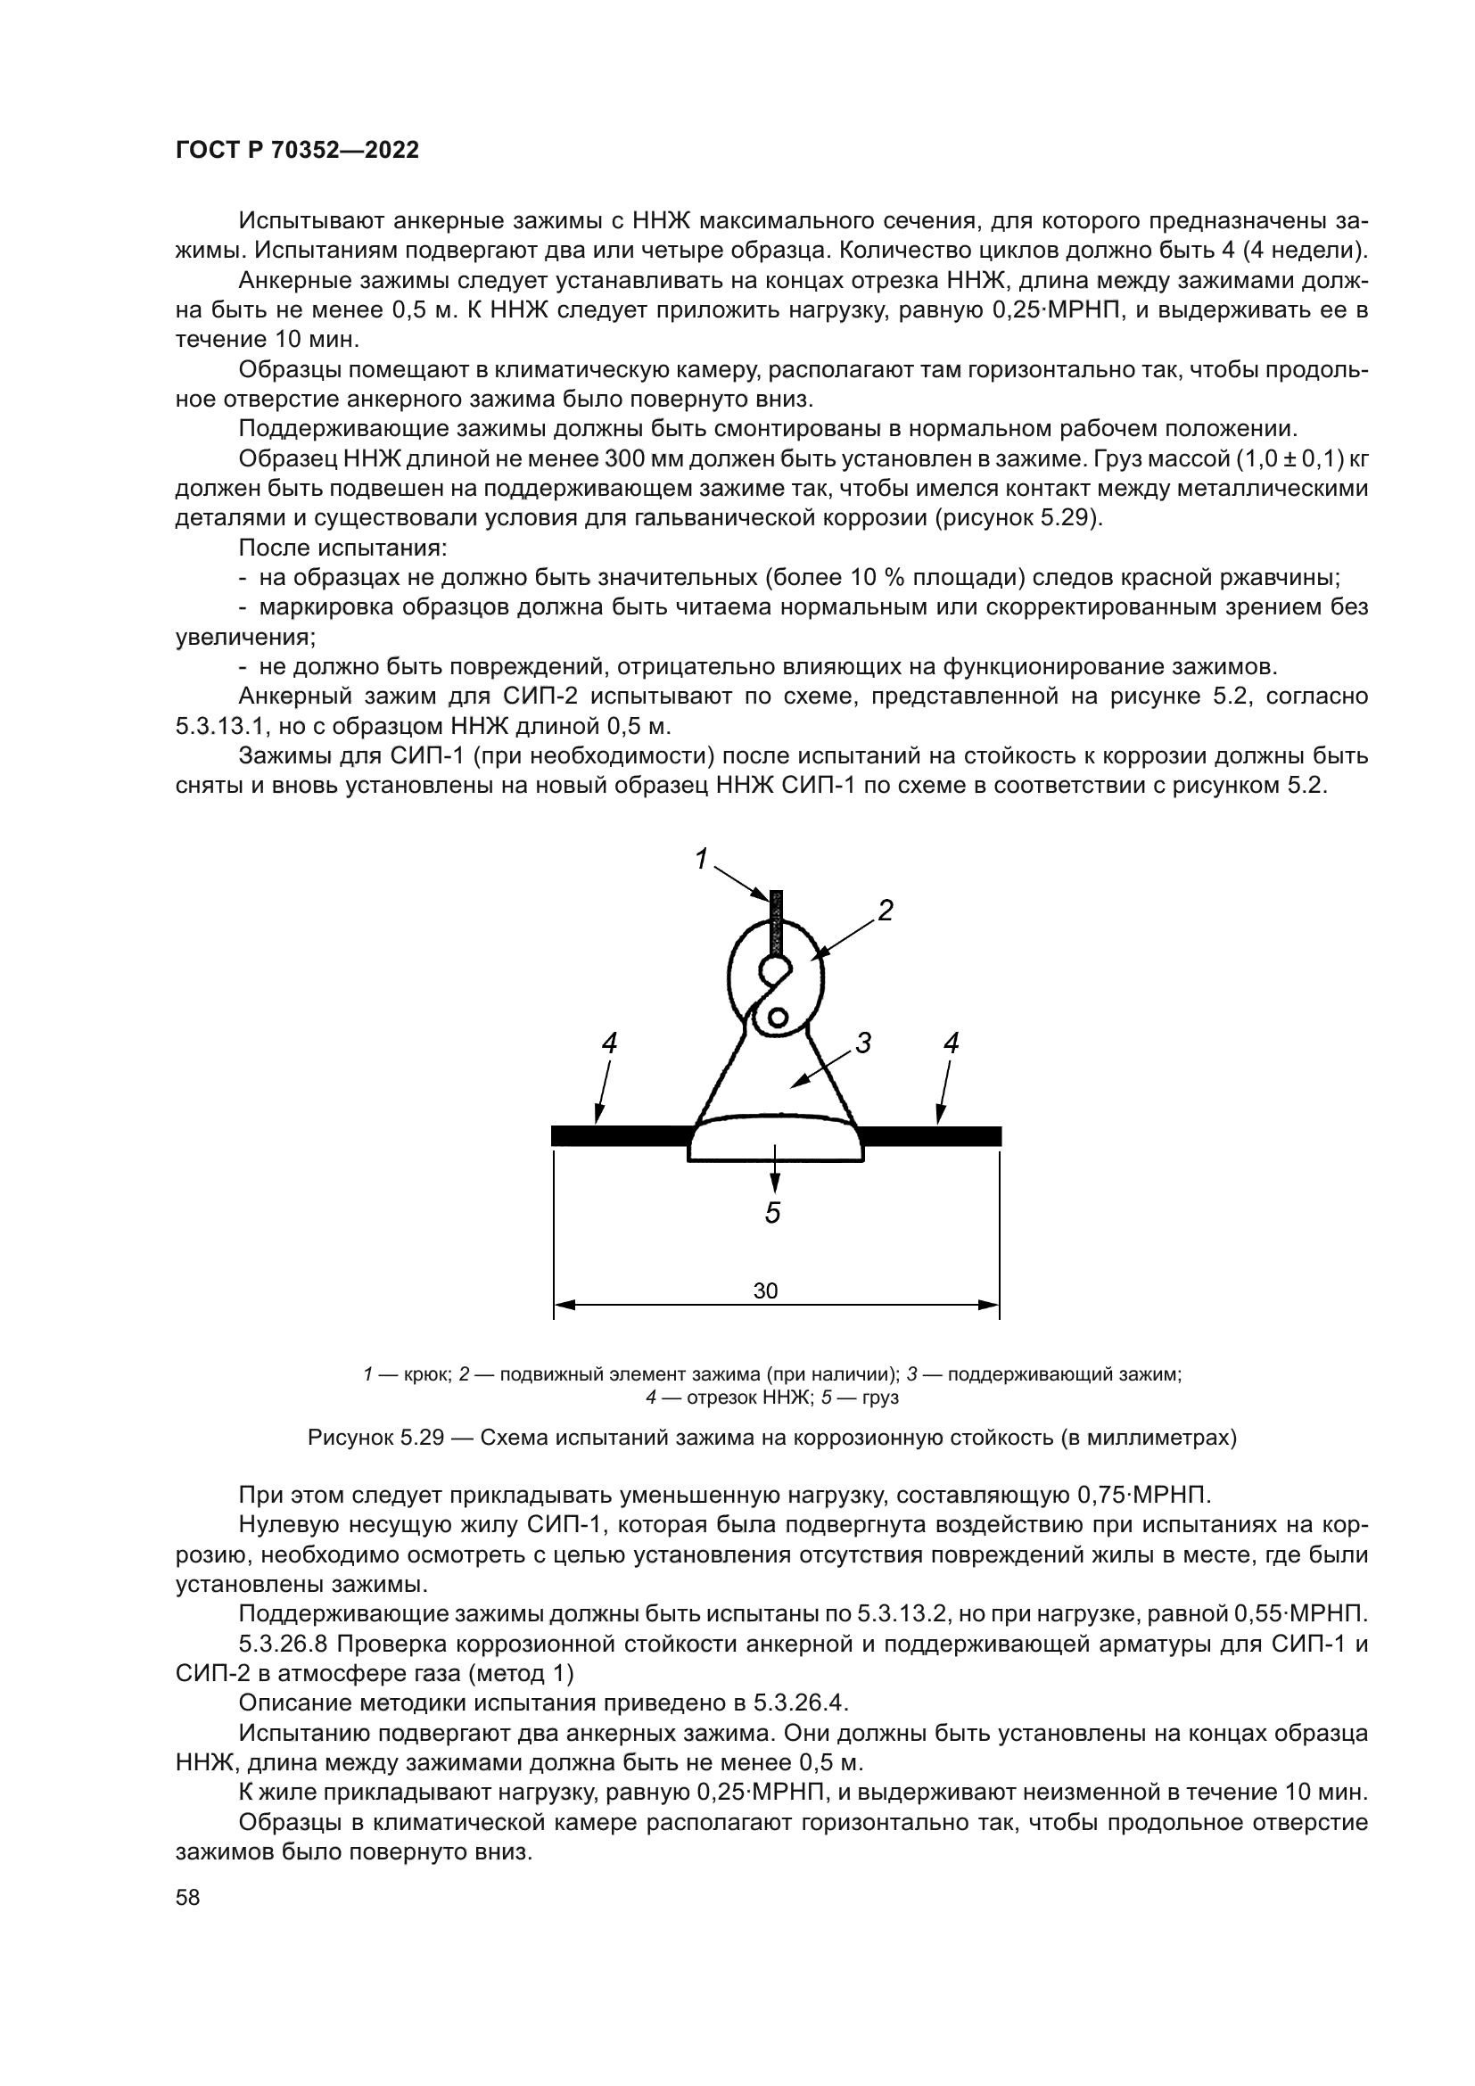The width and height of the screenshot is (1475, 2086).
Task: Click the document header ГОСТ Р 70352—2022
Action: (x=297, y=151)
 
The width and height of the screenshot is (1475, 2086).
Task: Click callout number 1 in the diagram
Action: (x=701, y=859)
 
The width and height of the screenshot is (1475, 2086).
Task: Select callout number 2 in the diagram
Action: (x=885, y=911)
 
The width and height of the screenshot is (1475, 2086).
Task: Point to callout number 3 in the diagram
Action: (x=863, y=1044)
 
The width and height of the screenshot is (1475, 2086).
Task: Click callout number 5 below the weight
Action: (x=773, y=1213)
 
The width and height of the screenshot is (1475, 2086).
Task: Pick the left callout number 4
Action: (x=609, y=1044)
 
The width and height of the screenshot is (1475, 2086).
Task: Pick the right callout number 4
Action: (x=951, y=1044)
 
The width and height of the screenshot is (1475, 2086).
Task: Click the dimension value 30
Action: (x=766, y=1291)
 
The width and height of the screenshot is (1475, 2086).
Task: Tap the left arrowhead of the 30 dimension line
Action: (x=563, y=1307)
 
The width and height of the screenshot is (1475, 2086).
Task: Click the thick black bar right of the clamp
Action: (x=930, y=1135)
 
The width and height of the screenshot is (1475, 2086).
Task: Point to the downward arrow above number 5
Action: (x=774, y=1171)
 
